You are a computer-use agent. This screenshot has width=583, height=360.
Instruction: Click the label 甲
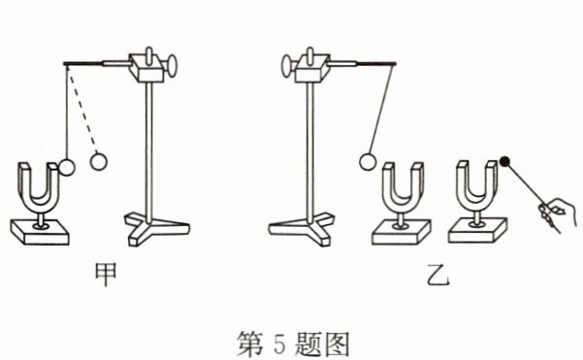tap(106, 274)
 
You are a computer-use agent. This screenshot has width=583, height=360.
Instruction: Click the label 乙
tap(438, 275)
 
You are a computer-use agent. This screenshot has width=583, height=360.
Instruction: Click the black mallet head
tap(505, 161)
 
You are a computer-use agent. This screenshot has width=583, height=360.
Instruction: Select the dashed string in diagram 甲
tap(82, 109)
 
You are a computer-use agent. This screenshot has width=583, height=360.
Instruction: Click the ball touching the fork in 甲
tap(67, 167)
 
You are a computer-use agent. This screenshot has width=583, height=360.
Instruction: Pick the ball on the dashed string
tap(99, 161)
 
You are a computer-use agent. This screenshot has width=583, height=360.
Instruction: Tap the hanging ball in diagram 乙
tap(368, 162)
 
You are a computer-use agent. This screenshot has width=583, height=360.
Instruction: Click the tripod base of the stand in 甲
tap(156, 228)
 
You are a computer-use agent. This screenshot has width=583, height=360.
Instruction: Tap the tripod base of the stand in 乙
tap(301, 228)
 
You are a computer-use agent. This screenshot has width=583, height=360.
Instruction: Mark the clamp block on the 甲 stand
tap(147, 68)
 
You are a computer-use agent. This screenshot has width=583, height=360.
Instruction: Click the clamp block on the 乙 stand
tap(311, 68)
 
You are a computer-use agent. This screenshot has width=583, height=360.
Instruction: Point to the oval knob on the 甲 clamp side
tap(172, 66)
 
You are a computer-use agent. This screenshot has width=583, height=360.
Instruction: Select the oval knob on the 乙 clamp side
tap(286, 66)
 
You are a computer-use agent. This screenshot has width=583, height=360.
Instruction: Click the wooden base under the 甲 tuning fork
tap(40, 232)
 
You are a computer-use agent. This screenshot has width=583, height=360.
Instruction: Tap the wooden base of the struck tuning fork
tap(477, 231)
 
